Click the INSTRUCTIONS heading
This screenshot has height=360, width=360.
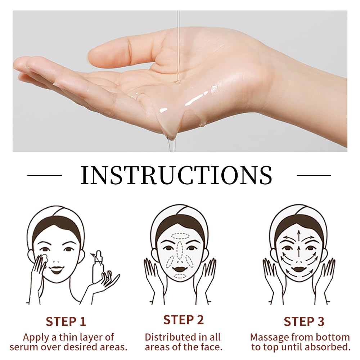pyautogui.click(x=176, y=175)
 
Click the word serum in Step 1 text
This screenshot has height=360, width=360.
pyautogui.click(x=24, y=348)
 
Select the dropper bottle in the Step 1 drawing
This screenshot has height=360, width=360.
pyautogui.click(x=98, y=266)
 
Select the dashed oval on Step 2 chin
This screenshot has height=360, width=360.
pyautogui.click(x=180, y=276)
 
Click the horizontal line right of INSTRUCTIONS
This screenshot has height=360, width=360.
pyautogui.click(x=314, y=175)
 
